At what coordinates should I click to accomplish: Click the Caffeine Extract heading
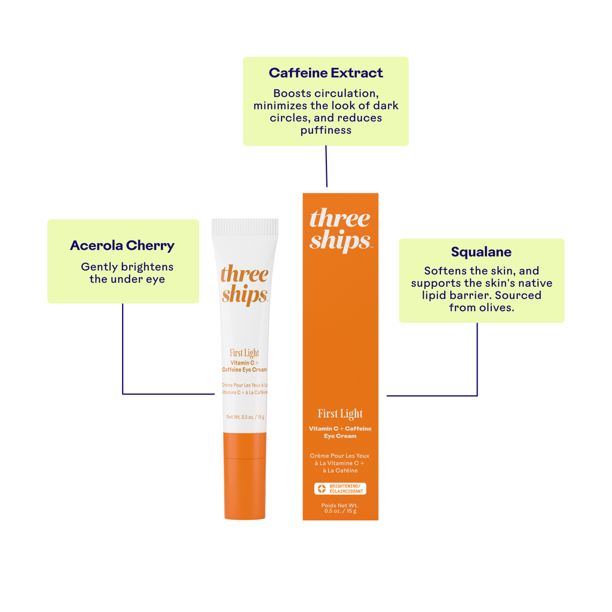click(326, 73)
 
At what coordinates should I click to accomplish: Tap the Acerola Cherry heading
click(123, 245)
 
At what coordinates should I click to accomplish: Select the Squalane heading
click(481, 252)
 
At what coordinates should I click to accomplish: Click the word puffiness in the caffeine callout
click(326, 130)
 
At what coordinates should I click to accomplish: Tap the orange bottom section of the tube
click(245, 475)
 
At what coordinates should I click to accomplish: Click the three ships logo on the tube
click(245, 284)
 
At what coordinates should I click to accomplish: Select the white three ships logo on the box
click(340, 230)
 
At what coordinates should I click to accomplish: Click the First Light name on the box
click(340, 414)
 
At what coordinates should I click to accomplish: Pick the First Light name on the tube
click(244, 353)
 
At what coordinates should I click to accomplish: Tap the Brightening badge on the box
click(340, 489)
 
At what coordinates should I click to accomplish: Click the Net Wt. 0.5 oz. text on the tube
click(245, 417)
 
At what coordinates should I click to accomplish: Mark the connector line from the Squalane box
click(477, 359)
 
